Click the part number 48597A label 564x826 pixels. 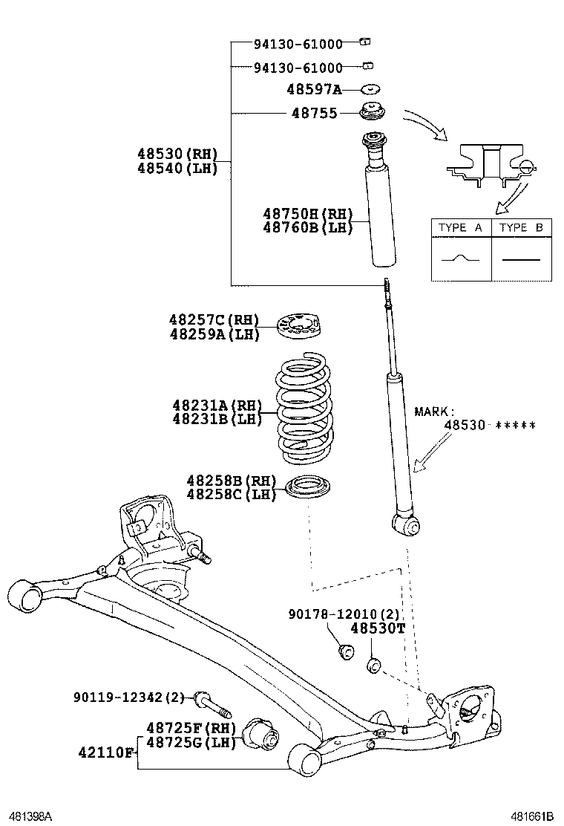tap(314, 90)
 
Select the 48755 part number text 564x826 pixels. tap(314, 114)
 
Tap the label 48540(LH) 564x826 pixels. tap(177, 168)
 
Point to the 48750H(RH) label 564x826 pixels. tap(306, 214)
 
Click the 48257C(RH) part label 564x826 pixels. tap(214, 320)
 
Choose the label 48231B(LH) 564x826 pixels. tap(217, 419)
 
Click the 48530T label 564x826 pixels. tap(377, 628)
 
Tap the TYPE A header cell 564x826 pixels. tap(461, 228)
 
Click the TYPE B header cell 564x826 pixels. tap(521, 228)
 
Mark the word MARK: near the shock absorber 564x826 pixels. tap(433, 411)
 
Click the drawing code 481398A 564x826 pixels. tap(29, 816)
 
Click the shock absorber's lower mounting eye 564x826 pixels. tap(408, 525)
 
